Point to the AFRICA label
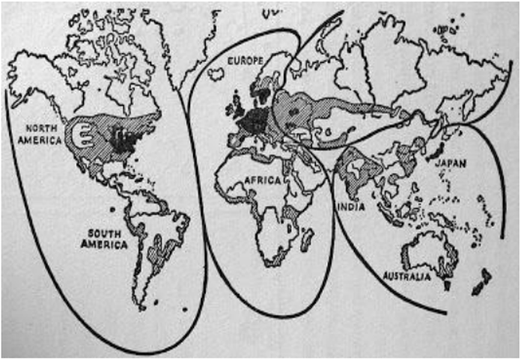[x=260, y=180]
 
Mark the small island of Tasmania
[x=447, y=284]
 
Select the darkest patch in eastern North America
[x=118, y=138]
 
